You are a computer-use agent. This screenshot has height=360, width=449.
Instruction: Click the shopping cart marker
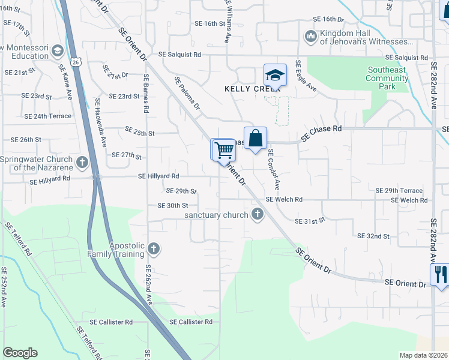[x=223, y=149]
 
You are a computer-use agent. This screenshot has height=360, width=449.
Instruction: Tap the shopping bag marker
[x=255, y=138]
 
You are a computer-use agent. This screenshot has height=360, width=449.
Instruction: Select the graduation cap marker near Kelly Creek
[x=274, y=76]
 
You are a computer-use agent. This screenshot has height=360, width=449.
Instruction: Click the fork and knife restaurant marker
[x=441, y=275]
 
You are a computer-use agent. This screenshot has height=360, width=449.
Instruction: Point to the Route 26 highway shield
[x=75, y=61]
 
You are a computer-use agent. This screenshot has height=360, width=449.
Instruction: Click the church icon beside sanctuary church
[x=258, y=214]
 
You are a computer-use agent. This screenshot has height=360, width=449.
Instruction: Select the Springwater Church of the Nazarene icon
[x=82, y=162]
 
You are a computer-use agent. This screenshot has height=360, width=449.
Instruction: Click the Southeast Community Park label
[x=387, y=78]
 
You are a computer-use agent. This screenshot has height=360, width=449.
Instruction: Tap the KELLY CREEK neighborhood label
[x=244, y=88]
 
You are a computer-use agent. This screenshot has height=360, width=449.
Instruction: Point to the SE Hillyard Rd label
[x=158, y=176]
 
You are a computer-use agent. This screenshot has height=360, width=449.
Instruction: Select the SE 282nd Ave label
[x=433, y=84]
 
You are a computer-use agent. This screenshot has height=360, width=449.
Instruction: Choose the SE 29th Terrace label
[x=399, y=190]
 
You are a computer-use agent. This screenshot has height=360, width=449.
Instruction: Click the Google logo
[x=20, y=353]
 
